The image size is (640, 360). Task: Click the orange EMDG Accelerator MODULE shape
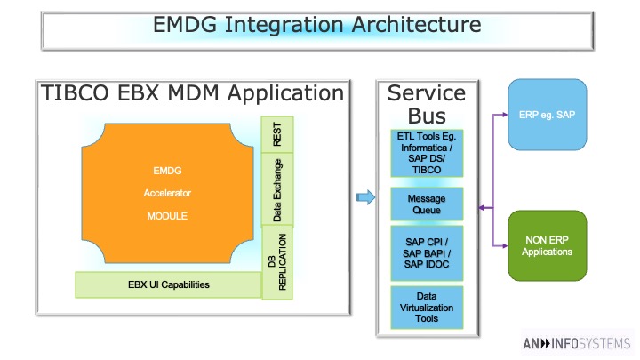coord(167,193)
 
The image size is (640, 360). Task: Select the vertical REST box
coord(277,134)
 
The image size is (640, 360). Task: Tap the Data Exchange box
coord(277,189)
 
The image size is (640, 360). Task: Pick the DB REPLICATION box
coord(277,262)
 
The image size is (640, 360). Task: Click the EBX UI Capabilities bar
coord(168,285)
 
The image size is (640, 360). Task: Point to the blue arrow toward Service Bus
coord(365,197)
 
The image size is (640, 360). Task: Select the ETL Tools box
coord(427,153)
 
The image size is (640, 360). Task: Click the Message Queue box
coord(427,204)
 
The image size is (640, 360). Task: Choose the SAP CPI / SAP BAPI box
coord(427,253)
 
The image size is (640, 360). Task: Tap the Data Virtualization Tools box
coord(427,308)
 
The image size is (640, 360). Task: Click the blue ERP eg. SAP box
coord(548,115)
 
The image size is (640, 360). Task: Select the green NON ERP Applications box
coord(548,245)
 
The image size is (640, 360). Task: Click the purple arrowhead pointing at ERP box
coord(505,115)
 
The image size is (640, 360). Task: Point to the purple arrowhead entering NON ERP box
coord(505,245)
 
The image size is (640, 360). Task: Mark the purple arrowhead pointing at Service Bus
coord(482,208)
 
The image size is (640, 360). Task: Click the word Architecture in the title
coord(416,24)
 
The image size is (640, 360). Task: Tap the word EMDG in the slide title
coord(185,24)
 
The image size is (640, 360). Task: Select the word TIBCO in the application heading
coord(75,92)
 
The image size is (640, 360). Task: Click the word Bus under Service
coord(427,116)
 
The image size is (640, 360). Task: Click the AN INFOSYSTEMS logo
coord(577,344)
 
